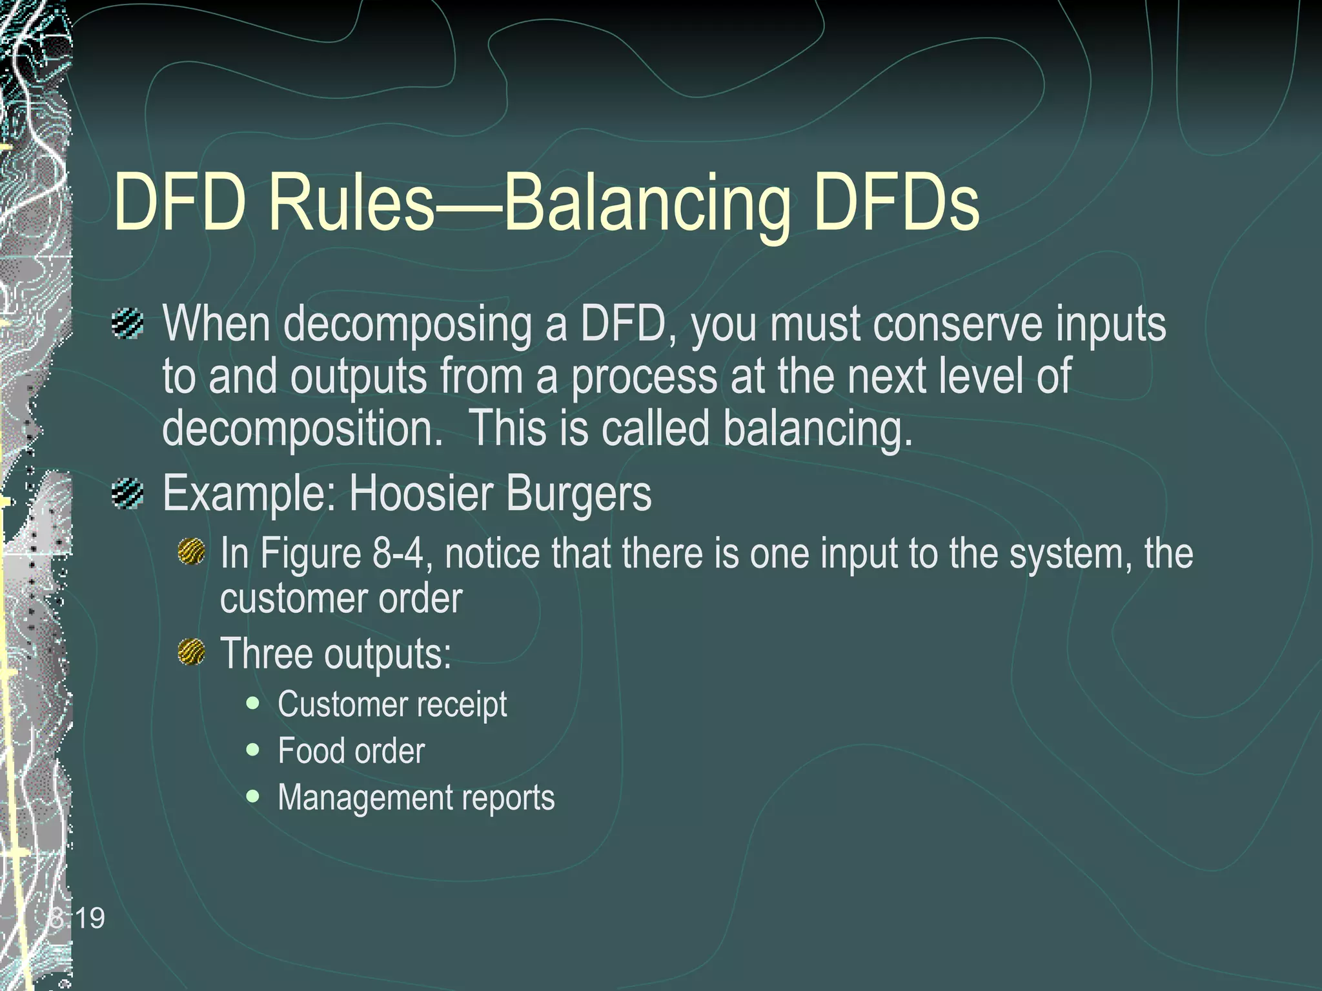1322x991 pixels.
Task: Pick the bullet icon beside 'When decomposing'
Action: click(127, 323)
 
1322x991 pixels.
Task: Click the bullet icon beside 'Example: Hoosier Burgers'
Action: click(127, 494)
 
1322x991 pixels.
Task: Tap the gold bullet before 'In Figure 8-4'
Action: click(191, 553)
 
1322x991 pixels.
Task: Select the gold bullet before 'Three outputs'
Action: click(191, 652)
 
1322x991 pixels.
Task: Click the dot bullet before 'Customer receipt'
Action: click(253, 703)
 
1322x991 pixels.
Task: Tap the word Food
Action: click(309, 751)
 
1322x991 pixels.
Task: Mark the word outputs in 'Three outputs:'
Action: click(387, 654)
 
